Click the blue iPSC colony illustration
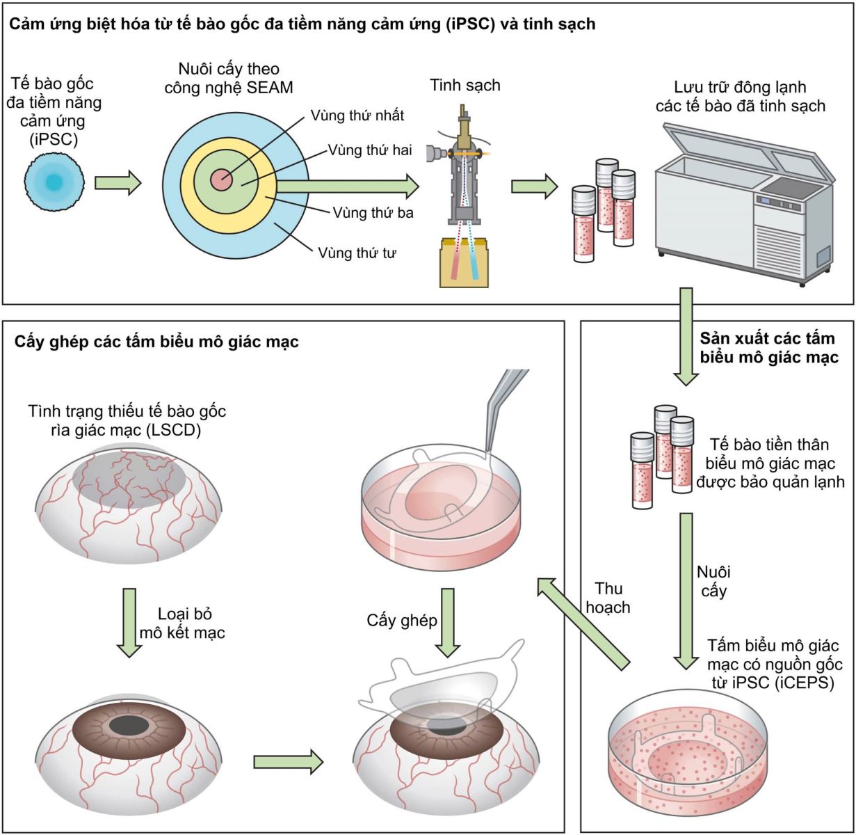click(54, 182)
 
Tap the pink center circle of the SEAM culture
click(222, 180)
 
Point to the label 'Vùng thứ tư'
click(357, 252)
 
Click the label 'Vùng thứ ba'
click(373, 213)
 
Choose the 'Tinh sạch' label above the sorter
click(465, 86)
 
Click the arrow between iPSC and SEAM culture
click(118, 183)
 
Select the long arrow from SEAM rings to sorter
click(348, 186)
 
